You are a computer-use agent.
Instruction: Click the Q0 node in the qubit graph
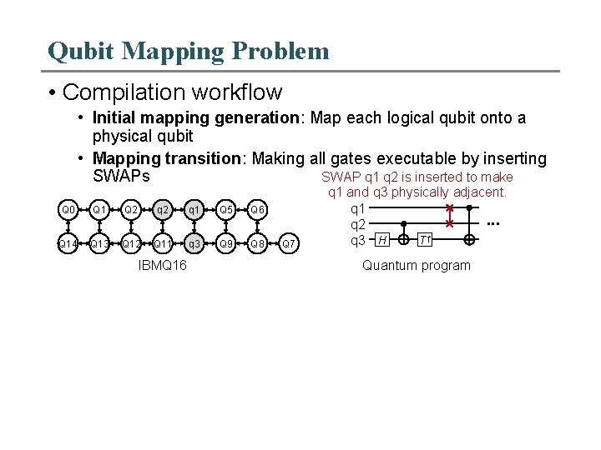click(68, 210)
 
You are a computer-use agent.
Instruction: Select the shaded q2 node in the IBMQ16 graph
click(163, 210)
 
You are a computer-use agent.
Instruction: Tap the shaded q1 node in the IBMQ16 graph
click(194, 210)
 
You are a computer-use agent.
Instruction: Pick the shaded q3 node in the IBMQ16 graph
click(194, 244)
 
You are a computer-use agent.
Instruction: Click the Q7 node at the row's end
click(288, 244)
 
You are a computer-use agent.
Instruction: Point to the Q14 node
click(68, 244)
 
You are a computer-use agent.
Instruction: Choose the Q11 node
click(163, 244)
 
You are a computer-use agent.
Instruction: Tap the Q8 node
click(258, 244)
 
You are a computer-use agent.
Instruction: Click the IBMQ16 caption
click(162, 266)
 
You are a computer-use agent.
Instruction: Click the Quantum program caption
click(416, 266)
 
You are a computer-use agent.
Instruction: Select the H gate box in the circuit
click(381, 240)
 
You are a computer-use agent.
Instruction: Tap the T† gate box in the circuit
click(425, 240)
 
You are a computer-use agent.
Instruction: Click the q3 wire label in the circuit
click(357, 240)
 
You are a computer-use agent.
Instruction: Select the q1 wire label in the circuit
click(357, 208)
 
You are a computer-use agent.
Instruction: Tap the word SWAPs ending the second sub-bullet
click(121, 177)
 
